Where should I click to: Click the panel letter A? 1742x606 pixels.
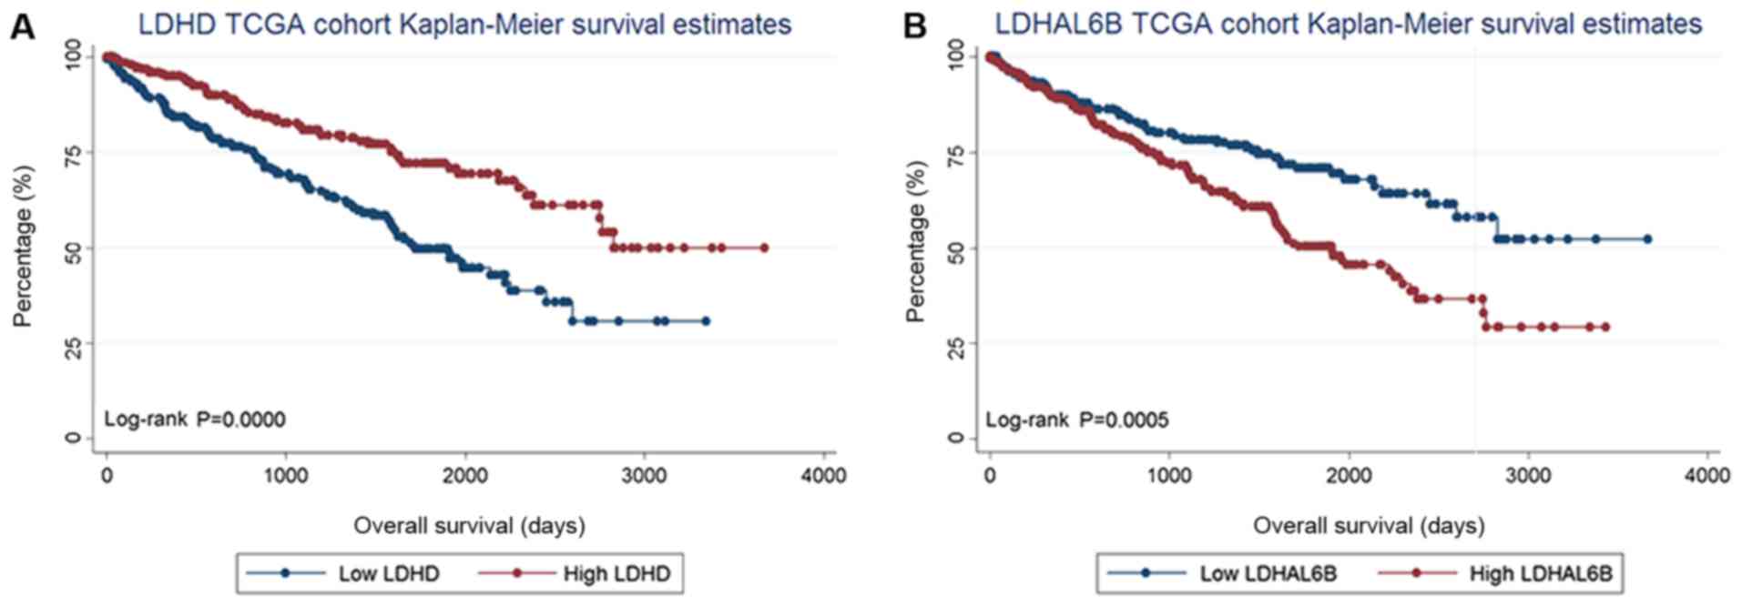coord(23,27)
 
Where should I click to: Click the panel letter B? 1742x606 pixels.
coord(914,27)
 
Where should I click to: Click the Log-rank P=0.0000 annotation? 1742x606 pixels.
coord(194,419)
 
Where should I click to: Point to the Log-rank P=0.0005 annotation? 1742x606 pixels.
coord(1077,419)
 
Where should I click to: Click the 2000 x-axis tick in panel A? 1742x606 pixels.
coord(465,476)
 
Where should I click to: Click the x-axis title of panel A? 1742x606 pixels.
coord(469,525)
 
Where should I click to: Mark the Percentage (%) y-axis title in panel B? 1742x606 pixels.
coord(915,241)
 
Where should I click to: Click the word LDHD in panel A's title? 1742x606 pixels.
coord(177,24)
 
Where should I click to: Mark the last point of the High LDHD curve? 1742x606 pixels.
coord(764,247)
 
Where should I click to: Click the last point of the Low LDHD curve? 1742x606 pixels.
coord(706,321)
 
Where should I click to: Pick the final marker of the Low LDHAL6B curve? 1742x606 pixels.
coord(1647,239)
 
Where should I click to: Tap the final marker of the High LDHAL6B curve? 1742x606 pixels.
coord(1605,327)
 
